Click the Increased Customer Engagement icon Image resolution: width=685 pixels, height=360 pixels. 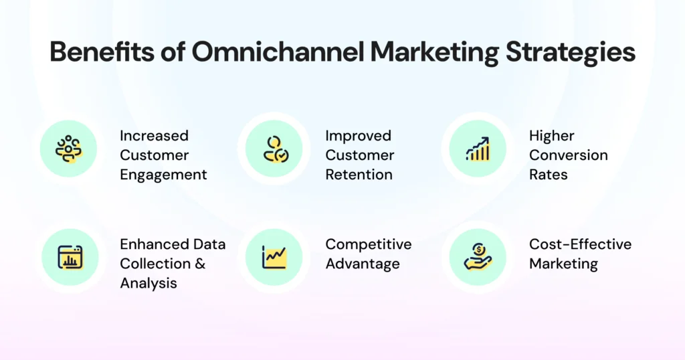tap(68, 149)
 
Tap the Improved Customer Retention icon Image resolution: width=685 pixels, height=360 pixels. tap(274, 149)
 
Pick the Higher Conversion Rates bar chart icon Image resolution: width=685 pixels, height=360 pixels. tap(478, 149)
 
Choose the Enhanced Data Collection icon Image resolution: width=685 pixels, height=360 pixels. tap(70, 257)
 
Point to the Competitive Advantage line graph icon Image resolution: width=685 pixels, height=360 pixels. tap(274, 257)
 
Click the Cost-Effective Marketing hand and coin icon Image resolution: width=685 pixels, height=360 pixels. tap(478, 257)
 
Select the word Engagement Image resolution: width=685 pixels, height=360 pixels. tap(163, 175)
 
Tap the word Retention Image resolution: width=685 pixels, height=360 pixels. tap(359, 175)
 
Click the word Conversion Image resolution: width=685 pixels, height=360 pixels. tap(568, 155)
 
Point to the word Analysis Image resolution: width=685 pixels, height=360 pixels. tap(149, 283)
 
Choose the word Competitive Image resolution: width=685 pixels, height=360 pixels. tap(368, 244)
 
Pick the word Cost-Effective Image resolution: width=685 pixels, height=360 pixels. tap(580, 244)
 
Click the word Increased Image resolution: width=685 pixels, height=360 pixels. tap(154, 136)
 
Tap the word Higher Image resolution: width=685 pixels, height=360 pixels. tap(551, 136)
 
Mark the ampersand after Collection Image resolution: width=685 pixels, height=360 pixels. tap(199, 264)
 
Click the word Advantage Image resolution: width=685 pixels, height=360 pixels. tap(362, 264)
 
